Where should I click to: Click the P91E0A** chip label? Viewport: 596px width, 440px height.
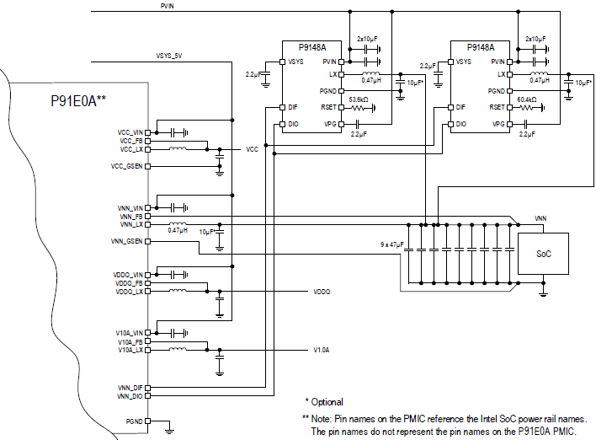(x=78, y=100)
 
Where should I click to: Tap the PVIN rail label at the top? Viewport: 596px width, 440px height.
(x=167, y=6)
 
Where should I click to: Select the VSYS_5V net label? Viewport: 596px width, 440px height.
(x=169, y=56)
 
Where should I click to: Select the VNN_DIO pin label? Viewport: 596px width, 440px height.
(x=130, y=395)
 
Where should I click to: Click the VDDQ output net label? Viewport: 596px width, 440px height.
(x=322, y=292)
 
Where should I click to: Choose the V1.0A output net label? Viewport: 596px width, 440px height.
(x=322, y=349)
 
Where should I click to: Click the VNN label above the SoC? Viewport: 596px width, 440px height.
(x=540, y=218)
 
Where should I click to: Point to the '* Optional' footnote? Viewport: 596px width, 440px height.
(x=324, y=401)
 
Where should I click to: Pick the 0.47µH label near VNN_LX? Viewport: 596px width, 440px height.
(x=177, y=230)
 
